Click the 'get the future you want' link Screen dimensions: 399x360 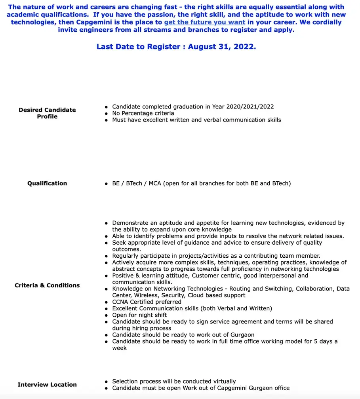click(x=204, y=22)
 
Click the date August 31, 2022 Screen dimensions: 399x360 click(x=222, y=47)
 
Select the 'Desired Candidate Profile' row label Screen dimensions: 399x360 click(x=47, y=113)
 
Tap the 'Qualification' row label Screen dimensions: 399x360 click(x=47, y=183)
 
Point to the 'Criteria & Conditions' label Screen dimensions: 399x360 click(x=47, y=285)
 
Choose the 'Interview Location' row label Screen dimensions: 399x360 click(x=47, y=384)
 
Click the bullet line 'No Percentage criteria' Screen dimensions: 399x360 click(x=143, y=113)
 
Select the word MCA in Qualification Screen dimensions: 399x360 click(x=155, y=183)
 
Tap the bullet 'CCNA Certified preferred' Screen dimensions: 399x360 click(x=147, y=302)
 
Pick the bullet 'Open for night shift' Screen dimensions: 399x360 click(x=139, y=315)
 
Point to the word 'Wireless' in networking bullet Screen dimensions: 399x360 click(x=148, y=295)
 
